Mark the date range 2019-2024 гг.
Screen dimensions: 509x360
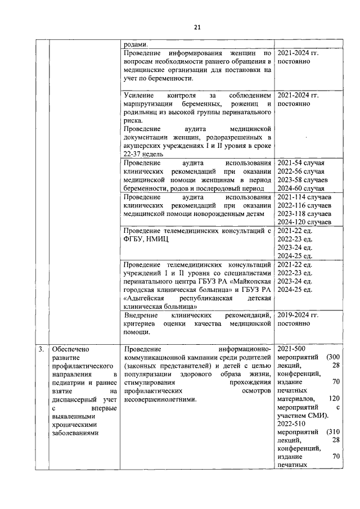pyautogui.click(x=298, y=316)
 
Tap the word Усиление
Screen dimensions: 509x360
pyautogui.click(x=139, y=96)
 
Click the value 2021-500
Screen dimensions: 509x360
pyautogui.click(x=291, y=349)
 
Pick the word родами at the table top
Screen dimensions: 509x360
pyautogui.click(x=136, y=44)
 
